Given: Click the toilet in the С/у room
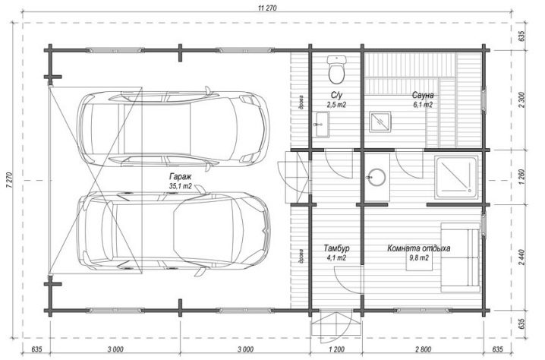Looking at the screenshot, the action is [336, 69].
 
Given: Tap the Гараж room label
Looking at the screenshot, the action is [180, 176].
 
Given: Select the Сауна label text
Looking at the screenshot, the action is [423, 95].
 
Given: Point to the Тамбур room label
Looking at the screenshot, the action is [336, 248].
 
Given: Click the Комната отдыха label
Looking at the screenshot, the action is [419, 248].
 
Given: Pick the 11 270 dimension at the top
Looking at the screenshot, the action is [267, 8].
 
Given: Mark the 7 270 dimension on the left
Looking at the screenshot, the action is [8, 180].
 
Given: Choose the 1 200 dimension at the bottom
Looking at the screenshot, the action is [336, 349].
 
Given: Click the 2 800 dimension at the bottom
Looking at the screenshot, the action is [423, 349].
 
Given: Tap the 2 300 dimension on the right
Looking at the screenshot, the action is [521, 99].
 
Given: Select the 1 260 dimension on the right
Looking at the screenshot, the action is [521, 177].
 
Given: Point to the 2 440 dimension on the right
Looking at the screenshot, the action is [521, 257].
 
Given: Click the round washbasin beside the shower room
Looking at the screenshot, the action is [376, 178].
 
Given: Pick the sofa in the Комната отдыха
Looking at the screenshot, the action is [461, 257].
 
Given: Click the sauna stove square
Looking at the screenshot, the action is [380, 122].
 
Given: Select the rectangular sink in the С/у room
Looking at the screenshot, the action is [321, 124].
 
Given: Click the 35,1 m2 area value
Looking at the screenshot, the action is [180, 186].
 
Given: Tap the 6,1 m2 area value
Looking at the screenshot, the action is [423, 104].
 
